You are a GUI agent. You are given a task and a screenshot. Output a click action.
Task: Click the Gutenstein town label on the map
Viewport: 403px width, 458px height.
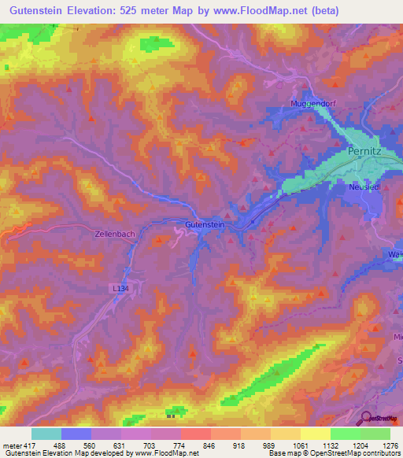click(205, 225)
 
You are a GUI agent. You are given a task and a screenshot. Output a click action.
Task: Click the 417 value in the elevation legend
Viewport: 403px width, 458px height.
click(30, 445)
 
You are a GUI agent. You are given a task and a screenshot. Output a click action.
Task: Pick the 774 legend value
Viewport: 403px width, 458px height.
click(179, 445)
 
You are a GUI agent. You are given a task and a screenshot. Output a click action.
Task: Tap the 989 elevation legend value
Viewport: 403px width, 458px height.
click(269, 445)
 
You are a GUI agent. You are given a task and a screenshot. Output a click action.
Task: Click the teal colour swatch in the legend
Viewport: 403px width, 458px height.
click(46, 434)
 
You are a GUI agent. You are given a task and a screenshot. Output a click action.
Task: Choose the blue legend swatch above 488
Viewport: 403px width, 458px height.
click(76, 434)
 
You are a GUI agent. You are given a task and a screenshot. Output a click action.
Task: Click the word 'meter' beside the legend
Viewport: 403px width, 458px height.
click(11, 445)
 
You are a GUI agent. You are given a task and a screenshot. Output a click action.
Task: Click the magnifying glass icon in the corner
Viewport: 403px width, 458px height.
click(366, 418)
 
